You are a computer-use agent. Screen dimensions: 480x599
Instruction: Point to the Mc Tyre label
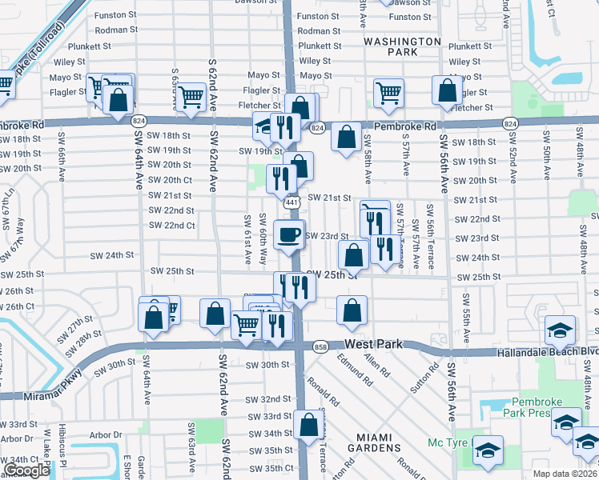coord(447,442)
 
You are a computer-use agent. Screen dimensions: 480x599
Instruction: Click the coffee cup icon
coord(288,235)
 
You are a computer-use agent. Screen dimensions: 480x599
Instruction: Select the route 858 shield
coord(320,346)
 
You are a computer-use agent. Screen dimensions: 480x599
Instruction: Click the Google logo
coord(26,470)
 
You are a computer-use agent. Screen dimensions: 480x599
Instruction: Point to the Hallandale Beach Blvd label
coord(547,351)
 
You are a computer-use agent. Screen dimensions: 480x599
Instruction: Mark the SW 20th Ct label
coord(171,180)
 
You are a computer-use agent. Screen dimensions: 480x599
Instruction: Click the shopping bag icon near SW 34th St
coord(308,427)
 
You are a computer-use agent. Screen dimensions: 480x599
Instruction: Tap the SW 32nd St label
coord(269,399)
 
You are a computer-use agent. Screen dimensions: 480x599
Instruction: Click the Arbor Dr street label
coord(17,438)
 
